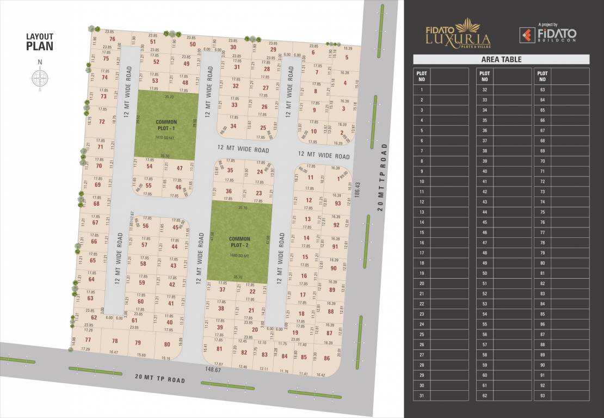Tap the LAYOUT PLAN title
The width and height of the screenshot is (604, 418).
click(40, 41)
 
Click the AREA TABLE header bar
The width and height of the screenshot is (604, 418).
click(501, 59)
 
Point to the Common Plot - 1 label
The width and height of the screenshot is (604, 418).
click(167, 125)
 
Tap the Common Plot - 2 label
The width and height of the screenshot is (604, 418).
click(239, 242)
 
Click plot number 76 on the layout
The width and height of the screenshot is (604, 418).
click(112, 39)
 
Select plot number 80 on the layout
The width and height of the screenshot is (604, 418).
click(167, 344)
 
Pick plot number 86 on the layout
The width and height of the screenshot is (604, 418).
click(326, 358)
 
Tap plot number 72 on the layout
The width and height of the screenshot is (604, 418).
click(102, 122)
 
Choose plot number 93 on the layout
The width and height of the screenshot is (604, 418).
click(337, 204)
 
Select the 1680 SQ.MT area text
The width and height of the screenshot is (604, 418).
click(239, 255)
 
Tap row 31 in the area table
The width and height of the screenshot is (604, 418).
click(422, 396)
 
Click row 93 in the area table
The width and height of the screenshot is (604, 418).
click(543, 396)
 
